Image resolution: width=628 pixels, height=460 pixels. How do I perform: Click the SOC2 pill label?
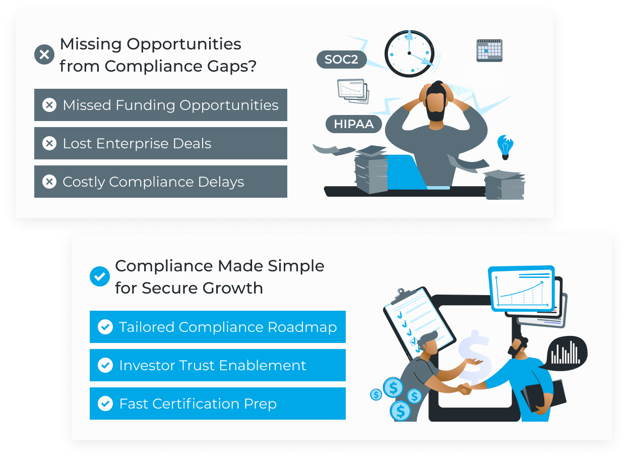coord(342,60)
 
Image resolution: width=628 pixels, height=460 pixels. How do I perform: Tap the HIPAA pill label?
coord(353,124)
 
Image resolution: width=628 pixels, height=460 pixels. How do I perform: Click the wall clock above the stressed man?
coord(410,53)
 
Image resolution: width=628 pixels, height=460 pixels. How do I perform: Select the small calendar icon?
coord(489,50)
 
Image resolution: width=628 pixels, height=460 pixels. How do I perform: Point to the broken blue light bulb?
coord(505,147)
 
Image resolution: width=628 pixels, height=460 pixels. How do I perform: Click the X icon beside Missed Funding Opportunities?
coord(49,105)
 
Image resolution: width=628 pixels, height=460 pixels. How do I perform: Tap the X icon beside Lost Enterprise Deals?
coord(49,143)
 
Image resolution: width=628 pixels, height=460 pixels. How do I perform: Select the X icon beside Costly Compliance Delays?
coord(49,182)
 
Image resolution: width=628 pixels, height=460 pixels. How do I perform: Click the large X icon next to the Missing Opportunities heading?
coord(44,54)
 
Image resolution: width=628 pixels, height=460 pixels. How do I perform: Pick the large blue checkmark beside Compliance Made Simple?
coord(99,276)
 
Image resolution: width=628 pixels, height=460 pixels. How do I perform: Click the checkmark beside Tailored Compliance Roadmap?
coord(105,327)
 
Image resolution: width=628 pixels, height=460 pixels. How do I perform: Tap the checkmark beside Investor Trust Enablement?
coord(105,366)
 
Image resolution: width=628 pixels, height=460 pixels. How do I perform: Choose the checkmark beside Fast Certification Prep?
coord(105,404)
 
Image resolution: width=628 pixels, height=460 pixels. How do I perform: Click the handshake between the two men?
coord(465,389)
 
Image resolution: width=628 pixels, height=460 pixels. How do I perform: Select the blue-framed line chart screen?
coord(522,289)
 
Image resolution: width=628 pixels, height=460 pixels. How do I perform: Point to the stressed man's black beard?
coord(435,111)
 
